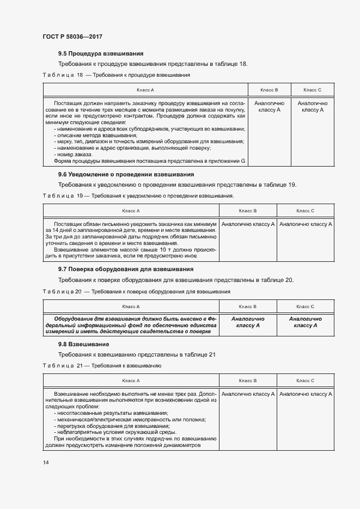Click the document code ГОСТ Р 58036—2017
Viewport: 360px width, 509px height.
click(72, 36)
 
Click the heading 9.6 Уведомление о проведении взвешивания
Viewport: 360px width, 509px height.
click(126, 174)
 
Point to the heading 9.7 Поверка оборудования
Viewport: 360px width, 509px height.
click(126, 269)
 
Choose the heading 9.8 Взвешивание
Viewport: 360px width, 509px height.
click(84, 344)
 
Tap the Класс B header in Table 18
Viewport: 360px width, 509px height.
click(269, 89)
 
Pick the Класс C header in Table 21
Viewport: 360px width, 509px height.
click(305, 380)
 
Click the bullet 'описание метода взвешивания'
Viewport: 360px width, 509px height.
click(96, 135)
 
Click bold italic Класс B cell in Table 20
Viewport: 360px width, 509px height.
click(248, 322)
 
